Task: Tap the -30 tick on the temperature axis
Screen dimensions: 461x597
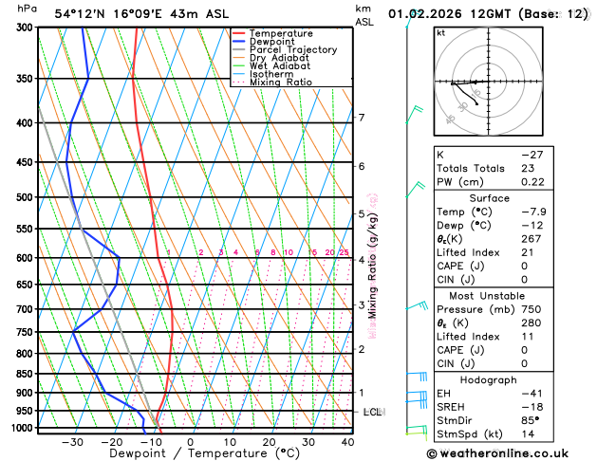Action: point(72,442)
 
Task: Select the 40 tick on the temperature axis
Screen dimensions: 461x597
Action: point(347,442)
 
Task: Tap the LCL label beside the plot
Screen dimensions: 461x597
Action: point(373,412)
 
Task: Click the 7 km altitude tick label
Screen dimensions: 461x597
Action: point(362,118)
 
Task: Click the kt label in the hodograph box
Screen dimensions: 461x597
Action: point(440,33)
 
